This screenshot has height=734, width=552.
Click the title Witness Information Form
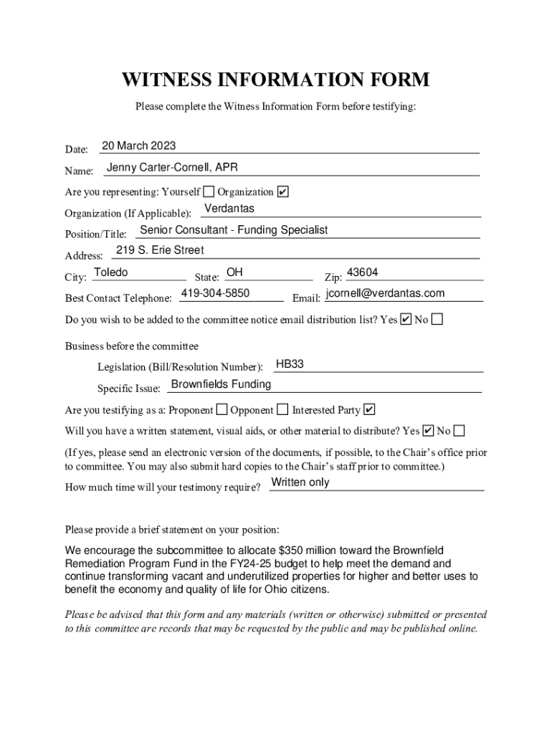click(x=275, y=80)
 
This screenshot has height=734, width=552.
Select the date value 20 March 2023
click(x=138, y=146)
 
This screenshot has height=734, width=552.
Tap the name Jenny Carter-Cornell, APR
click(x=172, y=168)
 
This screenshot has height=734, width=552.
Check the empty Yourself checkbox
click(x=209, y=191)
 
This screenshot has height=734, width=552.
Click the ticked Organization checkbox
click(x=282, y=191)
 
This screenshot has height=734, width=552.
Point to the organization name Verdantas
click(x=229, y=209)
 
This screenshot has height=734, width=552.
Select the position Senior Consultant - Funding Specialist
click(x=234, y=230)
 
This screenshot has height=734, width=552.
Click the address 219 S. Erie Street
click(x=160, y=250)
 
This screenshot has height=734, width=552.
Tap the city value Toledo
click(x=111, y=272)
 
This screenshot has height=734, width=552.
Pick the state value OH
click(x=234, y=272)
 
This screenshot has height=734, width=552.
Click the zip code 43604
click(x=362, y=272)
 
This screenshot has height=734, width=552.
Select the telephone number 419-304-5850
click(x=215, y=293)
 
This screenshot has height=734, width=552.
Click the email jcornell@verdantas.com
click(x=385, y=293)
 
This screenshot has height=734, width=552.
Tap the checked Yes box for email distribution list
click(x=406, y=319)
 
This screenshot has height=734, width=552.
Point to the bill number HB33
click(x=290, y=364)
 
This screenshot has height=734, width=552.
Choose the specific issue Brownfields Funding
click(x=221, y=384)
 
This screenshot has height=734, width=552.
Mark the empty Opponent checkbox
click(x=282, y=410)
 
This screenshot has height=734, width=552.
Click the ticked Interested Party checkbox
click(x=369, y=410)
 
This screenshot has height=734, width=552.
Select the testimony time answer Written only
click(x=300, y=482)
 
